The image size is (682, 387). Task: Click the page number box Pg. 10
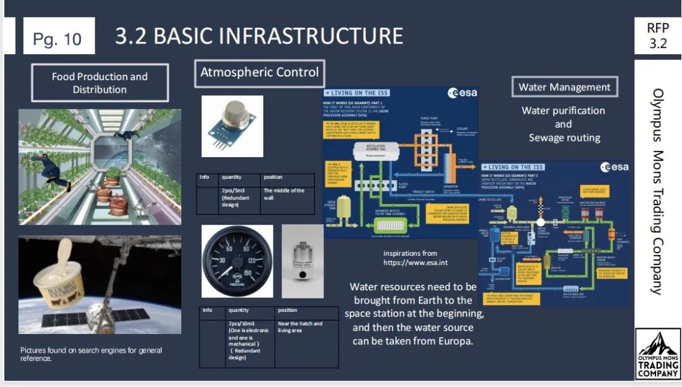click(58, 39)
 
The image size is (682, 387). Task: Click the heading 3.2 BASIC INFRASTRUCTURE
click(259, 36)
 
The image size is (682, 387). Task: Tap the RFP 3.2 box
click(657, 36)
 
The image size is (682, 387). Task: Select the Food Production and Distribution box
click(100, 83)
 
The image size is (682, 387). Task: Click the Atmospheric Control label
click(260, 72)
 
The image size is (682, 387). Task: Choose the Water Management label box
click(564, 87)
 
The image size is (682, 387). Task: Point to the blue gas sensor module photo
click(232, 126)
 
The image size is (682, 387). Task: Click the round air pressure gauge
click(237, 261)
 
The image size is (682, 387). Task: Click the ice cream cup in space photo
click(99, 284)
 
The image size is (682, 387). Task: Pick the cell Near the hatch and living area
click(302, 327)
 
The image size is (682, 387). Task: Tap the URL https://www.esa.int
click(410, 262)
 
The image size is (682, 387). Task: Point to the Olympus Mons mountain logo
click(658, 354)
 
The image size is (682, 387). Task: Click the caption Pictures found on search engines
click(91, 354)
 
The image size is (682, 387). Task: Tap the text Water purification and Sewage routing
click(563, 124)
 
